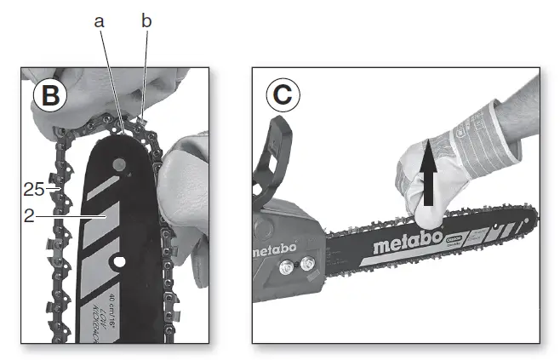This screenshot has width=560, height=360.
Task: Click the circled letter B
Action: pos(49,96)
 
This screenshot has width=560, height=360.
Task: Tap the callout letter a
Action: pos(100,22)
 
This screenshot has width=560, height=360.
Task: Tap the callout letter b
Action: pos(146,22)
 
